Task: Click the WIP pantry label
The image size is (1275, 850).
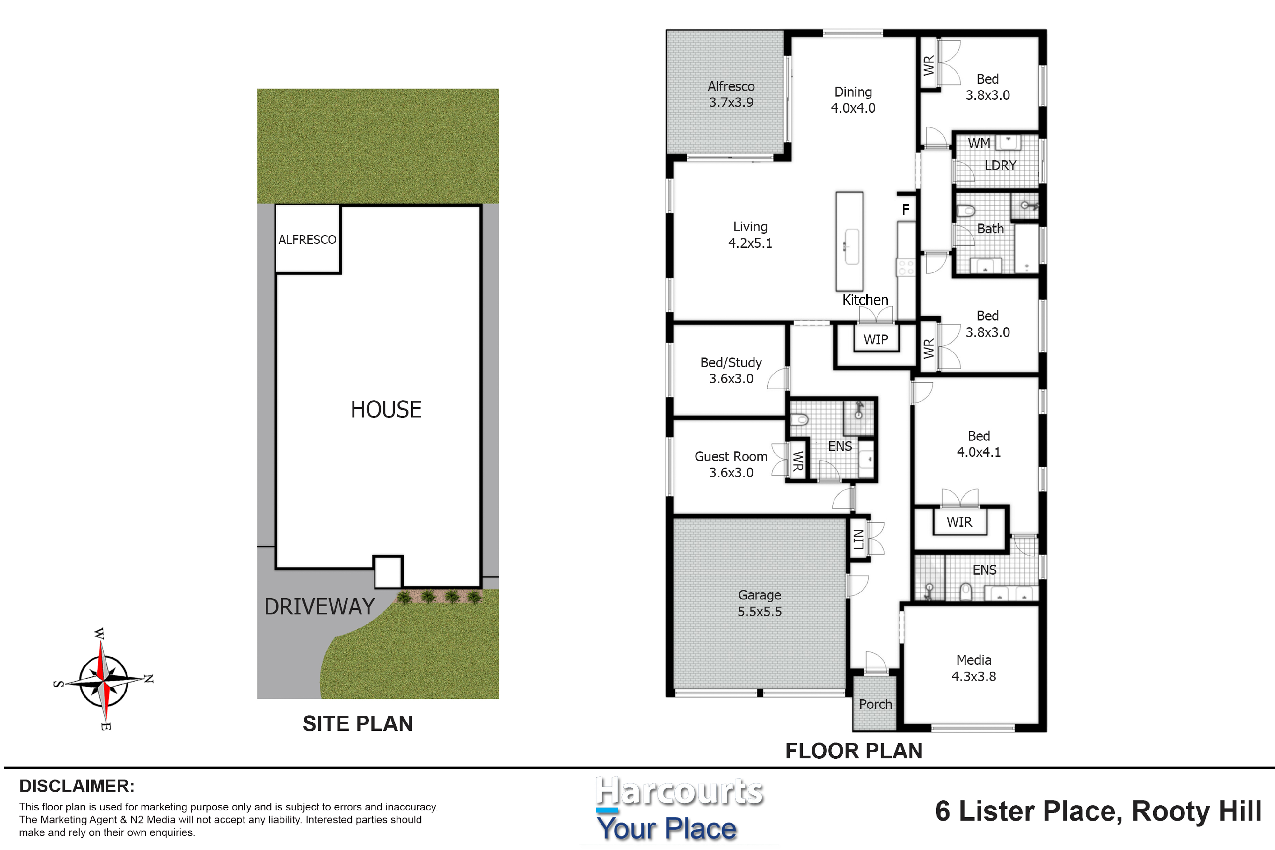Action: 876,339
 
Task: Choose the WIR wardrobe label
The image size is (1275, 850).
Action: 959,522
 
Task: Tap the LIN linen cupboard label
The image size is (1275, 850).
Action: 859,539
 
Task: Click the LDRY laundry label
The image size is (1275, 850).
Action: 1000,165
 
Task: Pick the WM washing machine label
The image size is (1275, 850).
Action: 979,143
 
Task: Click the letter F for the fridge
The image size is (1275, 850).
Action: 905,210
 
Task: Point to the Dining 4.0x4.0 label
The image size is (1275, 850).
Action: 853,100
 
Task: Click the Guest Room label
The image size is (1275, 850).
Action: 731,464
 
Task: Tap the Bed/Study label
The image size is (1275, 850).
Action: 731,370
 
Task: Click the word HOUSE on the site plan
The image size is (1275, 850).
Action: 386,409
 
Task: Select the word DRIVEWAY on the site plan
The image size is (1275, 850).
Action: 319,607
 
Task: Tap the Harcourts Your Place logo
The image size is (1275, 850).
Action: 679,808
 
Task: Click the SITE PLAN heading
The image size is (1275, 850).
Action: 358,724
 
